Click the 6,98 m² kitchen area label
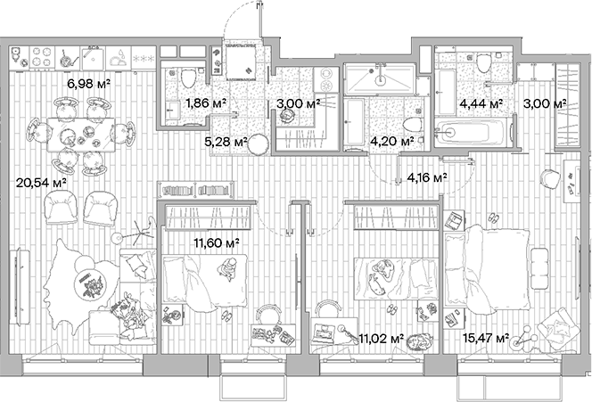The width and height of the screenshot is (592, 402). (x=88, y=84)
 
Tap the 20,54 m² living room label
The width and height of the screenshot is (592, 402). (x=37, y=182)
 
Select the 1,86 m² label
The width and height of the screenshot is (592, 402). (x=204, y=103)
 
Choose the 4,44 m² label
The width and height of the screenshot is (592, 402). (x=481, y=103)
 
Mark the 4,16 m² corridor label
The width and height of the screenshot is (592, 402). (x=426, y=177)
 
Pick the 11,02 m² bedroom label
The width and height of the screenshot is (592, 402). (x=383, y=338)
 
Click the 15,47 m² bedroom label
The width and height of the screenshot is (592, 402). (x=487, y=338)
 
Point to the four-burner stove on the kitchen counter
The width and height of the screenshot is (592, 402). (x=40, y=58)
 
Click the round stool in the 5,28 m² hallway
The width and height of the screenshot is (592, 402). (x=258, y=144)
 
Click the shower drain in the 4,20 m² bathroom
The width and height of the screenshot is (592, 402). (x=381, y=78)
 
